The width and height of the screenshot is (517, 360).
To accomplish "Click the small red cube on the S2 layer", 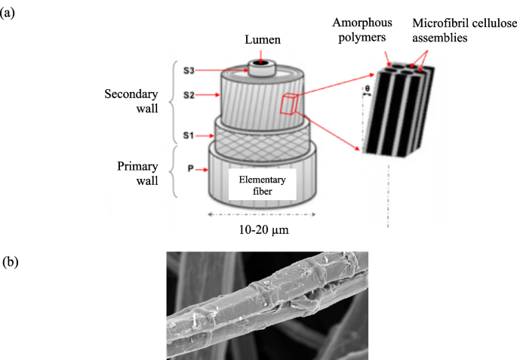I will point(289,105).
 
